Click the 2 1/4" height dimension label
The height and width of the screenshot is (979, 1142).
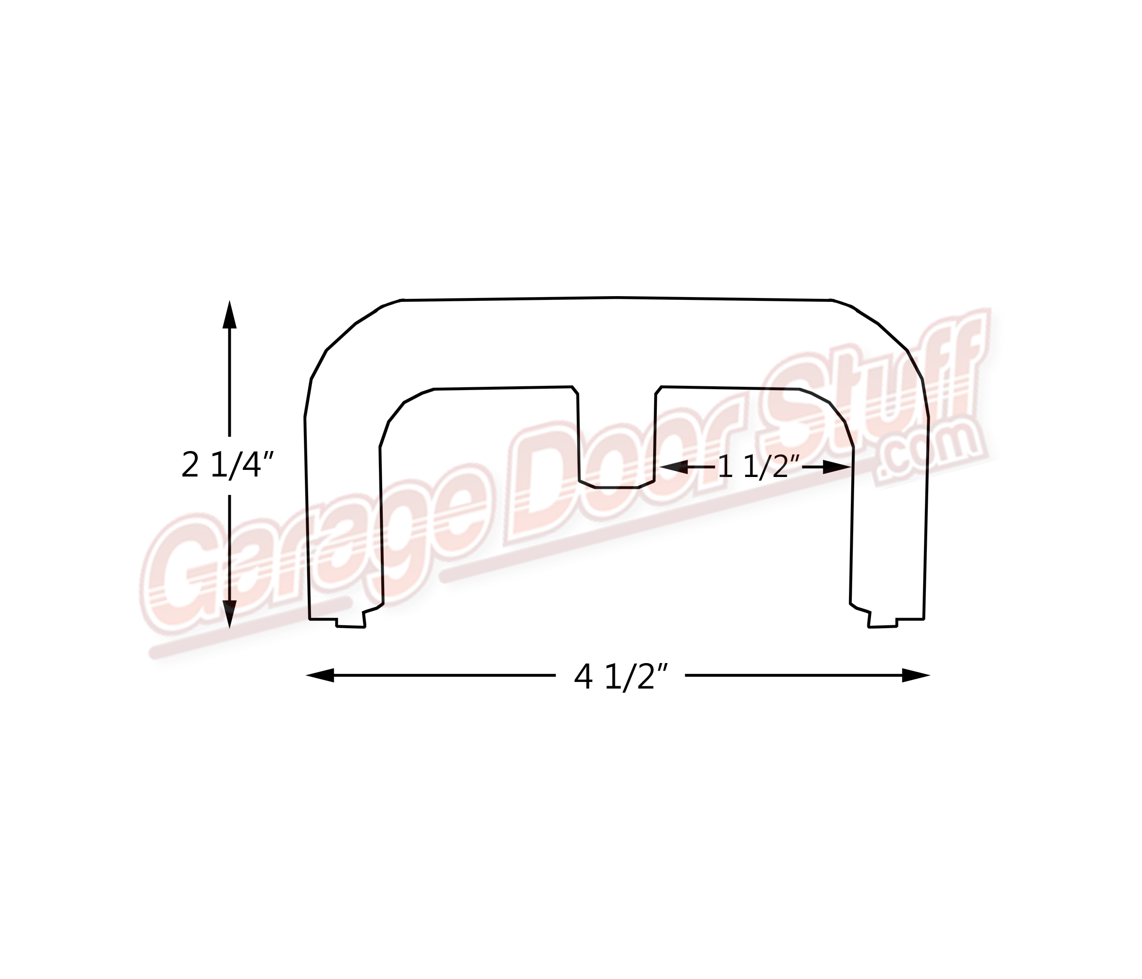[227, 466]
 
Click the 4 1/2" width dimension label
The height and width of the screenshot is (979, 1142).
[621, 676]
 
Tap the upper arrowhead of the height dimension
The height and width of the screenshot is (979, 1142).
[229, 315]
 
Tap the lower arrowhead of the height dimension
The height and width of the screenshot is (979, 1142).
[229, 613]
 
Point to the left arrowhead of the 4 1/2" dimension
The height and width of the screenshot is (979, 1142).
[321, 675]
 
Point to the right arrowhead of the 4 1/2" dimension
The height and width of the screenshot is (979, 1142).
[915, 675]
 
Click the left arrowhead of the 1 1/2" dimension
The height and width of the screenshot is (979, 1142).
[673, 467]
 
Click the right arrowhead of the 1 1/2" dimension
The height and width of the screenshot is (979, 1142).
[837, 467]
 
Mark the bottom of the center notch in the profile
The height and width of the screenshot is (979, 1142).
[617, 487]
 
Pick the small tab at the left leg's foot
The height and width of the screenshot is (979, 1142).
[351, 623]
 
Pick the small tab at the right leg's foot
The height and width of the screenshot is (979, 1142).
[882, 623]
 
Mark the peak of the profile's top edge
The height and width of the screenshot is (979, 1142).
[617, 298]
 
